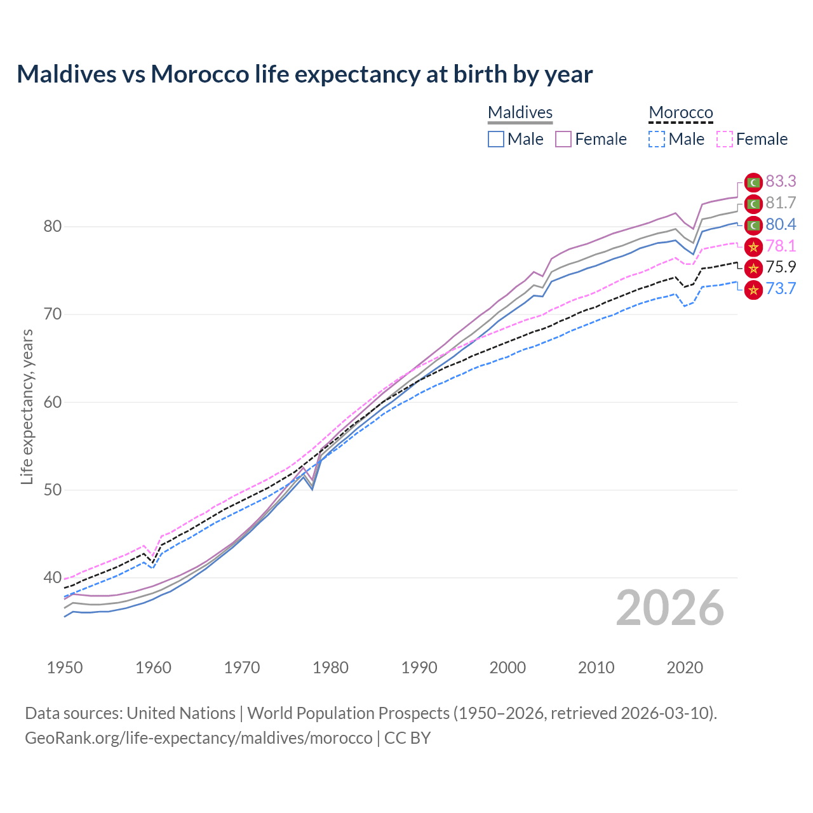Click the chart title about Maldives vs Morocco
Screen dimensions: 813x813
pyautogui.click(x=304, y=74)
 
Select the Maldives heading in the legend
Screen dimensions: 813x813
pyautogui.click(x=520, y=112)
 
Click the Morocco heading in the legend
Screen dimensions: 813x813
pyautogui.click(x=681, y=112)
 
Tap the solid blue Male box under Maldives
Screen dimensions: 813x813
pyautogui.click(x=496, y=139)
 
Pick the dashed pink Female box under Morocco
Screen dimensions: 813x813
pyautogui.click(x=724, y=139)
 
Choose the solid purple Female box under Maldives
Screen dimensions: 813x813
pyautogui.click(x=563, y=139)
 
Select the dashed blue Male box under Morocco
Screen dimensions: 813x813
pyautogui.click(x=657, y=139)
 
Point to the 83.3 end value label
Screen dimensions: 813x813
pyautogui.click(x=781, y=182)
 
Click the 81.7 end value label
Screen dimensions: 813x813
pyautogui.click(x=781, y=203)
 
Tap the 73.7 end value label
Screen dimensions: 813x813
pyautogui.click(x=781, y=289)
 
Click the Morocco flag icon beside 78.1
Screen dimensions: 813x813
pyautogui.click(x=753, y=246)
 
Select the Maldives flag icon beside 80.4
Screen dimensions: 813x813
pyautogui.click(x=753, y=225)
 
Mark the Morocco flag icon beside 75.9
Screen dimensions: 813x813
pyautogui.click(x=753, y=268)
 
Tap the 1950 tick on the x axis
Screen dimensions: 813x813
pyautogui.click(x=65, y=668)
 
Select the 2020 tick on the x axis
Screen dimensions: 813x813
pyautogui.click(x=685, y=668)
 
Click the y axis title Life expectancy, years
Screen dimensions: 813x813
pyautogui.click(x=27, y=406)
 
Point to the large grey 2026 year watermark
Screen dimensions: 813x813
pyautogui.click(x=670, y=608)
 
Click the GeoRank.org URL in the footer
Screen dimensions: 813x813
pyautogui.click(x=198, y=738)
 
